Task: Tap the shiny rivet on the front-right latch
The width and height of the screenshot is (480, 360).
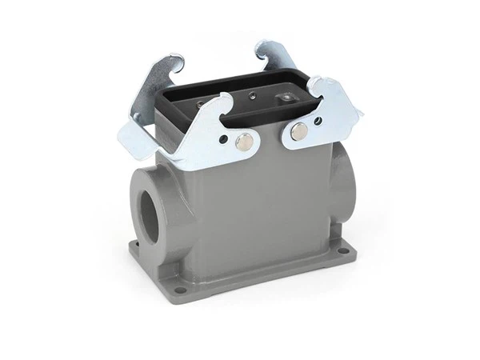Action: pyautogui.click(x=300, y=133)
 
